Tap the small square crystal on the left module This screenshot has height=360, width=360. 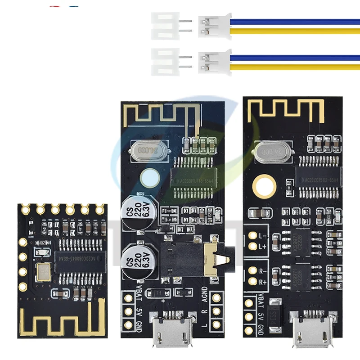[44, 273]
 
